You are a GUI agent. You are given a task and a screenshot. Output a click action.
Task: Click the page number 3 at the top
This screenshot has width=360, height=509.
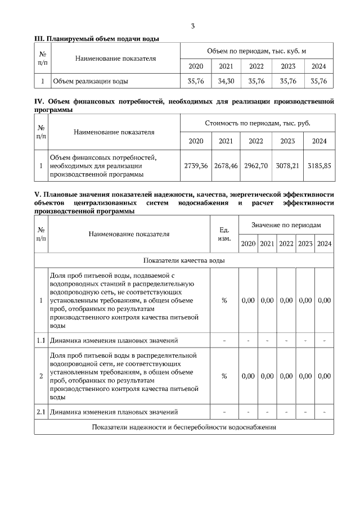click(193, 26)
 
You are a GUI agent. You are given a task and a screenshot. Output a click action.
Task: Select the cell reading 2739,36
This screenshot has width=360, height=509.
click(196, 166)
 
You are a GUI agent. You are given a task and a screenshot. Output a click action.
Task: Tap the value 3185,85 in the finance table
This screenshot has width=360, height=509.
click(319, 166)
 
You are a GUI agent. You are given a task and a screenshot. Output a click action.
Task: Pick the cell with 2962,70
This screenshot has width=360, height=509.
click(256, 166)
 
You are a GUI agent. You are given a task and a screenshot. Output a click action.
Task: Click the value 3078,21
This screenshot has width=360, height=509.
click(287, 166)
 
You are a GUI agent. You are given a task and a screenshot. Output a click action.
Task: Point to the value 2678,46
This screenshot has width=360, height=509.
click(226, 166)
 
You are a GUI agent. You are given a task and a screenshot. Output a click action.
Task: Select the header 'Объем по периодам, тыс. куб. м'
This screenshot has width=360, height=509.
click(256, 51)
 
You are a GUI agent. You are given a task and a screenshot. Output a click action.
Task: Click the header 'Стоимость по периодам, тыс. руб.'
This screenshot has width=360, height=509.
click(257, 123)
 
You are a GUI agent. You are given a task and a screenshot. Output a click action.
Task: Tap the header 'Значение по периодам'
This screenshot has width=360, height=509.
click(286, 225)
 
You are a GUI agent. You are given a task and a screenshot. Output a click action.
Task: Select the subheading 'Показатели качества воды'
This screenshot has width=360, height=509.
click(184, 260)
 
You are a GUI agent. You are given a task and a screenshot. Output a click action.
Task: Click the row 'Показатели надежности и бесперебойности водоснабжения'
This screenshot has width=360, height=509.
click(184, 427)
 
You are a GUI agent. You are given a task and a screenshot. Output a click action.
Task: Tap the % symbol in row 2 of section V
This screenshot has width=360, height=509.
click(224, 376)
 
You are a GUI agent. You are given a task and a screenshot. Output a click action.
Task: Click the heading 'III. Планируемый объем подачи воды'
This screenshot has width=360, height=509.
click(97, 38)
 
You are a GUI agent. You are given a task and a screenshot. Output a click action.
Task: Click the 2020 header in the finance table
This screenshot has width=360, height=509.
click(196, 141)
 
